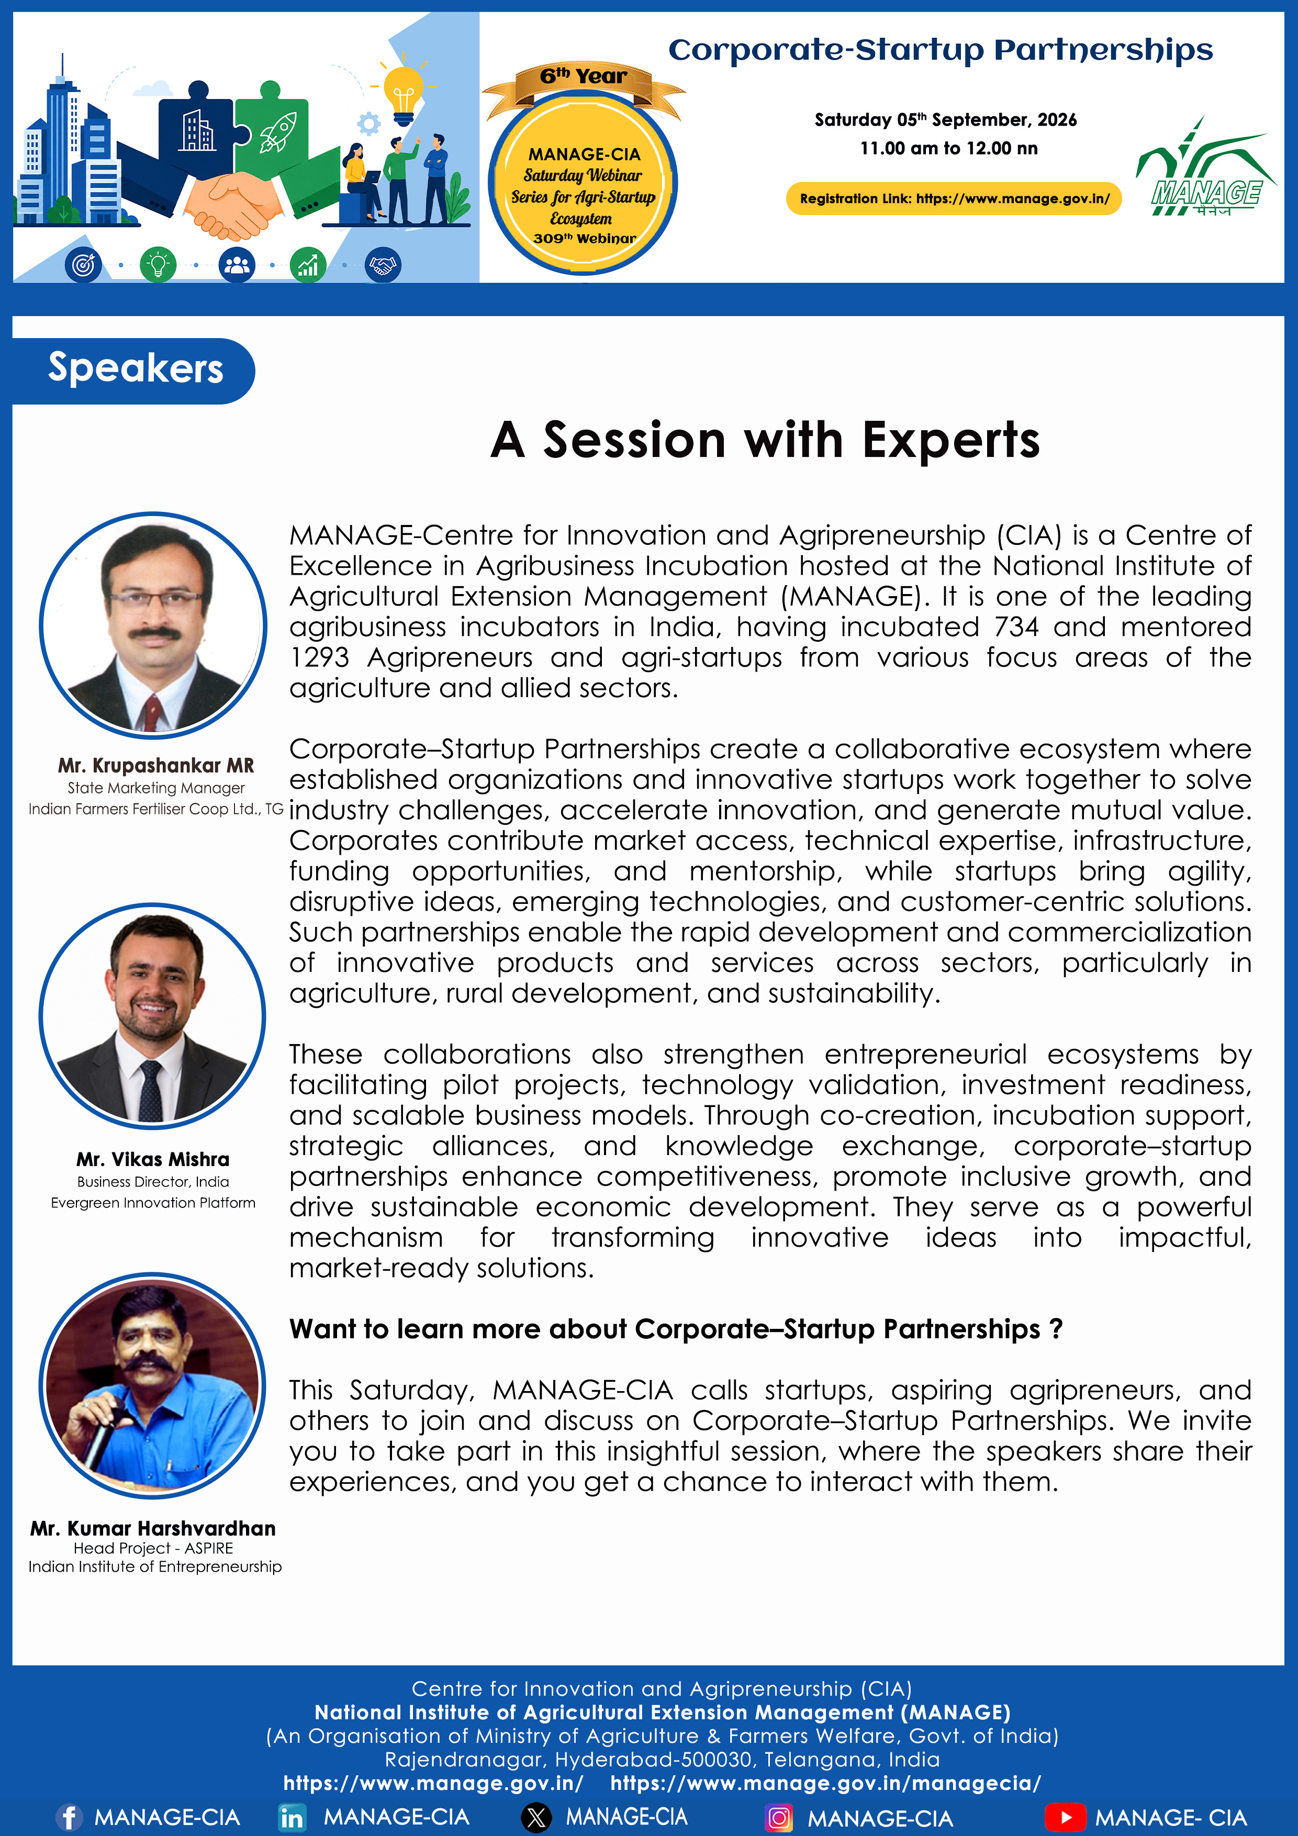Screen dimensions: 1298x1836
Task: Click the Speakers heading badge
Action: pos(133,370)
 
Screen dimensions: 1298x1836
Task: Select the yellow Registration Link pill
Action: pos(954,198)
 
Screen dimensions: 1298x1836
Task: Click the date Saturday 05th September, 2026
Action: pos(945,120)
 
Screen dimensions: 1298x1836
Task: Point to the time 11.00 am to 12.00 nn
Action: pos(948,148)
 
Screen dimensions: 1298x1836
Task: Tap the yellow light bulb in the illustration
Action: pos(404,94)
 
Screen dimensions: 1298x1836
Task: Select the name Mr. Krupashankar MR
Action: pos(156,765)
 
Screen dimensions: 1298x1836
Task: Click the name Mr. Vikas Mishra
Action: pos(153,1159)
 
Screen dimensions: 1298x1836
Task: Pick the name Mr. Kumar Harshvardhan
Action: pos(153,1528)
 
